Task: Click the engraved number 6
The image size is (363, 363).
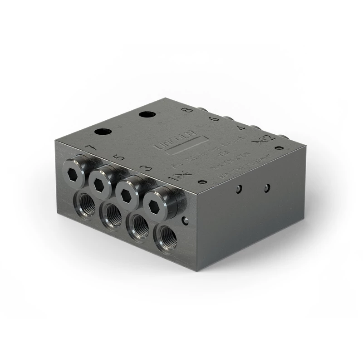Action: [x=213, y=119]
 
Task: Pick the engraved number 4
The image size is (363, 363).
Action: [x=242, y=128]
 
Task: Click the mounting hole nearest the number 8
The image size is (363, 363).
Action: [x=147, y=114]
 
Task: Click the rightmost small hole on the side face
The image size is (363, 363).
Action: [x=267, y=187]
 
